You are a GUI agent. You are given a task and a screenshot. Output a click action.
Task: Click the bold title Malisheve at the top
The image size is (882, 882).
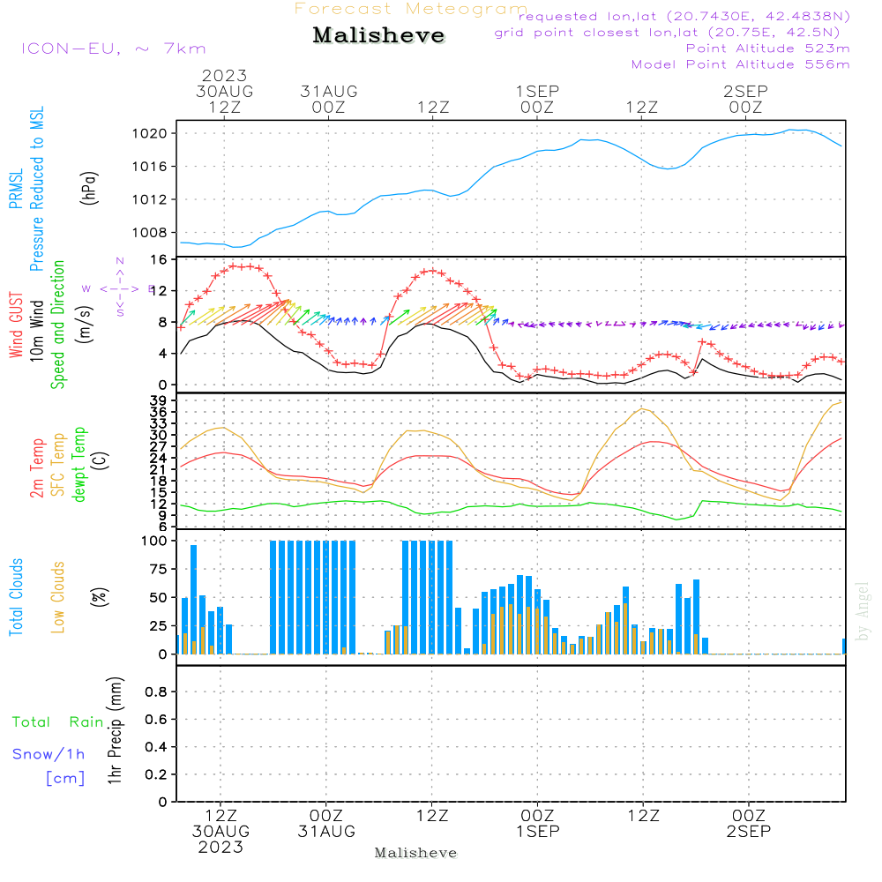pyautogui.click(x=379, y=36)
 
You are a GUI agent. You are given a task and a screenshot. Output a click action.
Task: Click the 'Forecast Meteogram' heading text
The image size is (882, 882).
pyautogui.click(x=411, y=9)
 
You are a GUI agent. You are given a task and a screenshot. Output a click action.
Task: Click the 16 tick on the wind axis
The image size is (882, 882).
pyautogui.click(x=160, y=260)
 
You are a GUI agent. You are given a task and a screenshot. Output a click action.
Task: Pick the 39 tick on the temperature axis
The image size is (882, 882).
pyautogui.click(x=160, y=400)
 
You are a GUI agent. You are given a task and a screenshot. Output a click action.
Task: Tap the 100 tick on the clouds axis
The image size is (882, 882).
pyautogui.click(x=155, y=541)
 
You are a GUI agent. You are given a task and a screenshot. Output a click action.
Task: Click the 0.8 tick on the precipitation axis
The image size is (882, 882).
pyautogui.click(x=156, y=692)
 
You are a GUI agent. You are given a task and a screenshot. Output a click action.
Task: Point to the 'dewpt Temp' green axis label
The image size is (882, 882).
pyautogui.click(x=79, y=464)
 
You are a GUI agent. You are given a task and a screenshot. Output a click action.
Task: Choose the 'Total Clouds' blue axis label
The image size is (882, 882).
pyautogui.click(x=17, y=597)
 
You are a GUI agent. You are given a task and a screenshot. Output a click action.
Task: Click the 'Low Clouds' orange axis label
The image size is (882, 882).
pyautogui.click(x=58, y=597)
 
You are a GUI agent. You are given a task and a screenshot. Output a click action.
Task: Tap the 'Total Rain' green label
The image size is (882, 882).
pyautogui.click(x=57, y=722)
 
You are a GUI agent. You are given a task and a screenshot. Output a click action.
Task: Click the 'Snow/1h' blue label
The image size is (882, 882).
pyautogui.click(x=49, y=754)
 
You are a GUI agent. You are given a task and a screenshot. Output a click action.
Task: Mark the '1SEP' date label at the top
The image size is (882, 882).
pyautogui.click(x=537, y=92)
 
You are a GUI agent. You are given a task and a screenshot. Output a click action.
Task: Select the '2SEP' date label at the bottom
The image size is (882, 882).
pyautogui.click(x=748, y=831)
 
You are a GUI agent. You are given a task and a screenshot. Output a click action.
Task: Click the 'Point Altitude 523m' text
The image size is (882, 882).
pyautogui.click(x=767, y=49)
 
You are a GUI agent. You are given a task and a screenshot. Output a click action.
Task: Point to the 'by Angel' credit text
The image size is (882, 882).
pyautogui.click(x=863, y=611)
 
